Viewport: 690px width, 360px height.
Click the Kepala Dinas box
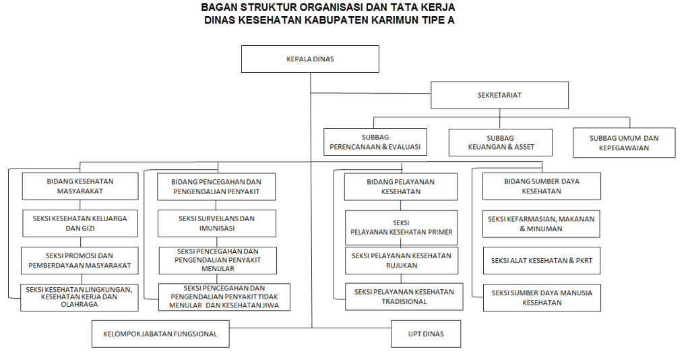click(x=310, y=59)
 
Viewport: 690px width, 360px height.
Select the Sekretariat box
click(x=499, y=95)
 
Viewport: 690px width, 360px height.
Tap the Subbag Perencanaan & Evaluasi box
click(x=375, y=142)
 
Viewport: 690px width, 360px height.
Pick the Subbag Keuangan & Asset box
click(x=501, y=143)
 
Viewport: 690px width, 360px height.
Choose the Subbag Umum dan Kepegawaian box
click(x=624, y=143)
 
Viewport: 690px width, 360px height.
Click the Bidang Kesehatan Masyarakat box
click(x=80, y=186)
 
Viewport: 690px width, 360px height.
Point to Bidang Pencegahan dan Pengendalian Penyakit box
click(x=216, y=187)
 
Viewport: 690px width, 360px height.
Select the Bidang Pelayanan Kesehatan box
click(x=401, y=187)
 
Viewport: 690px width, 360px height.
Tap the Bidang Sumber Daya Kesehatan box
click(x=542, y=186)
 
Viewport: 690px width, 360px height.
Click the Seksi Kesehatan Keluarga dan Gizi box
click(x=80, y=224)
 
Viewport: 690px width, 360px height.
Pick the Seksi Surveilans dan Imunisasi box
click(x=217, y=224)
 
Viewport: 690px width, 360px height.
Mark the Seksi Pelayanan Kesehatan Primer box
click(x=402, y=228)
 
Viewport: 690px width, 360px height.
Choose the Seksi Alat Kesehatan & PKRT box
click(x=542, y=260)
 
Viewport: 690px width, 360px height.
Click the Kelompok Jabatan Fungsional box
click(x=160, y=334)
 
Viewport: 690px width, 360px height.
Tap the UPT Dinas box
click(x=426, y=334)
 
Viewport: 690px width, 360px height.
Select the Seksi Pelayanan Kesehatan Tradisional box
click(x=404, y=297)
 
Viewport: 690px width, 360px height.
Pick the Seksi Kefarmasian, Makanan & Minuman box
click(x=541, y=224)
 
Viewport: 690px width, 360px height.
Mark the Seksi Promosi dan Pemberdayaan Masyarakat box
click(x=80, y=260)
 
